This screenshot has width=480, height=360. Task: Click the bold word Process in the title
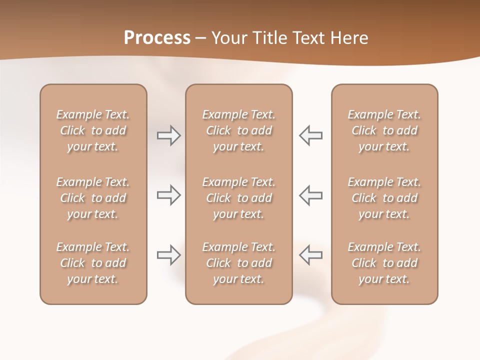[157, 38]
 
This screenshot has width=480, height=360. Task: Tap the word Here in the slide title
[348, 38]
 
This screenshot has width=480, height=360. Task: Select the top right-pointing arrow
[168, 135]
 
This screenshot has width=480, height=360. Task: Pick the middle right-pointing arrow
[168, 195]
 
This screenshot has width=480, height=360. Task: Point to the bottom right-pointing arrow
[168, 255]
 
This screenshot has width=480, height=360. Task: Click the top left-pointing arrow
[310, 135]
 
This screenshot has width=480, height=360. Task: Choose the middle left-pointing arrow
[310, 195]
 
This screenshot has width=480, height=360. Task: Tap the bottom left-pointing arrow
[310, 255]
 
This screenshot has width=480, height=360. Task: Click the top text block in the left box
[93, 130]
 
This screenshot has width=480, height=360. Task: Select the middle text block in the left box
[93, 198]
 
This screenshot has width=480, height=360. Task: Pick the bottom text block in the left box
[93, 263]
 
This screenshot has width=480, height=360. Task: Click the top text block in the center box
[238, 130]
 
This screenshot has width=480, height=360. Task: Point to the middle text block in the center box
[238, 198]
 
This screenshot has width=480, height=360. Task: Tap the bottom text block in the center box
[238, 263]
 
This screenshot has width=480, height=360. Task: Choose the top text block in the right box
[384, 130]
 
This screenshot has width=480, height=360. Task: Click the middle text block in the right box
[384, 198]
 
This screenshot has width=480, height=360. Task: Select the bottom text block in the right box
[384, 263]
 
